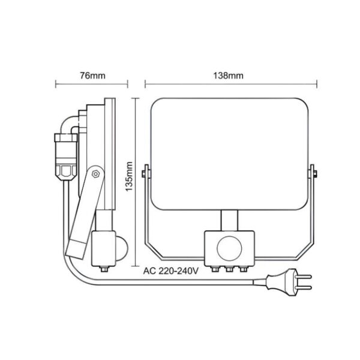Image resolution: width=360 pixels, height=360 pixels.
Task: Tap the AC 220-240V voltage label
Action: coord(170,270)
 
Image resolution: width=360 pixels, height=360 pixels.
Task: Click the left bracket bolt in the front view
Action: coord(143,175)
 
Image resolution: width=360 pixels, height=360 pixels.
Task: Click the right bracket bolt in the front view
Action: coord(314,175)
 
